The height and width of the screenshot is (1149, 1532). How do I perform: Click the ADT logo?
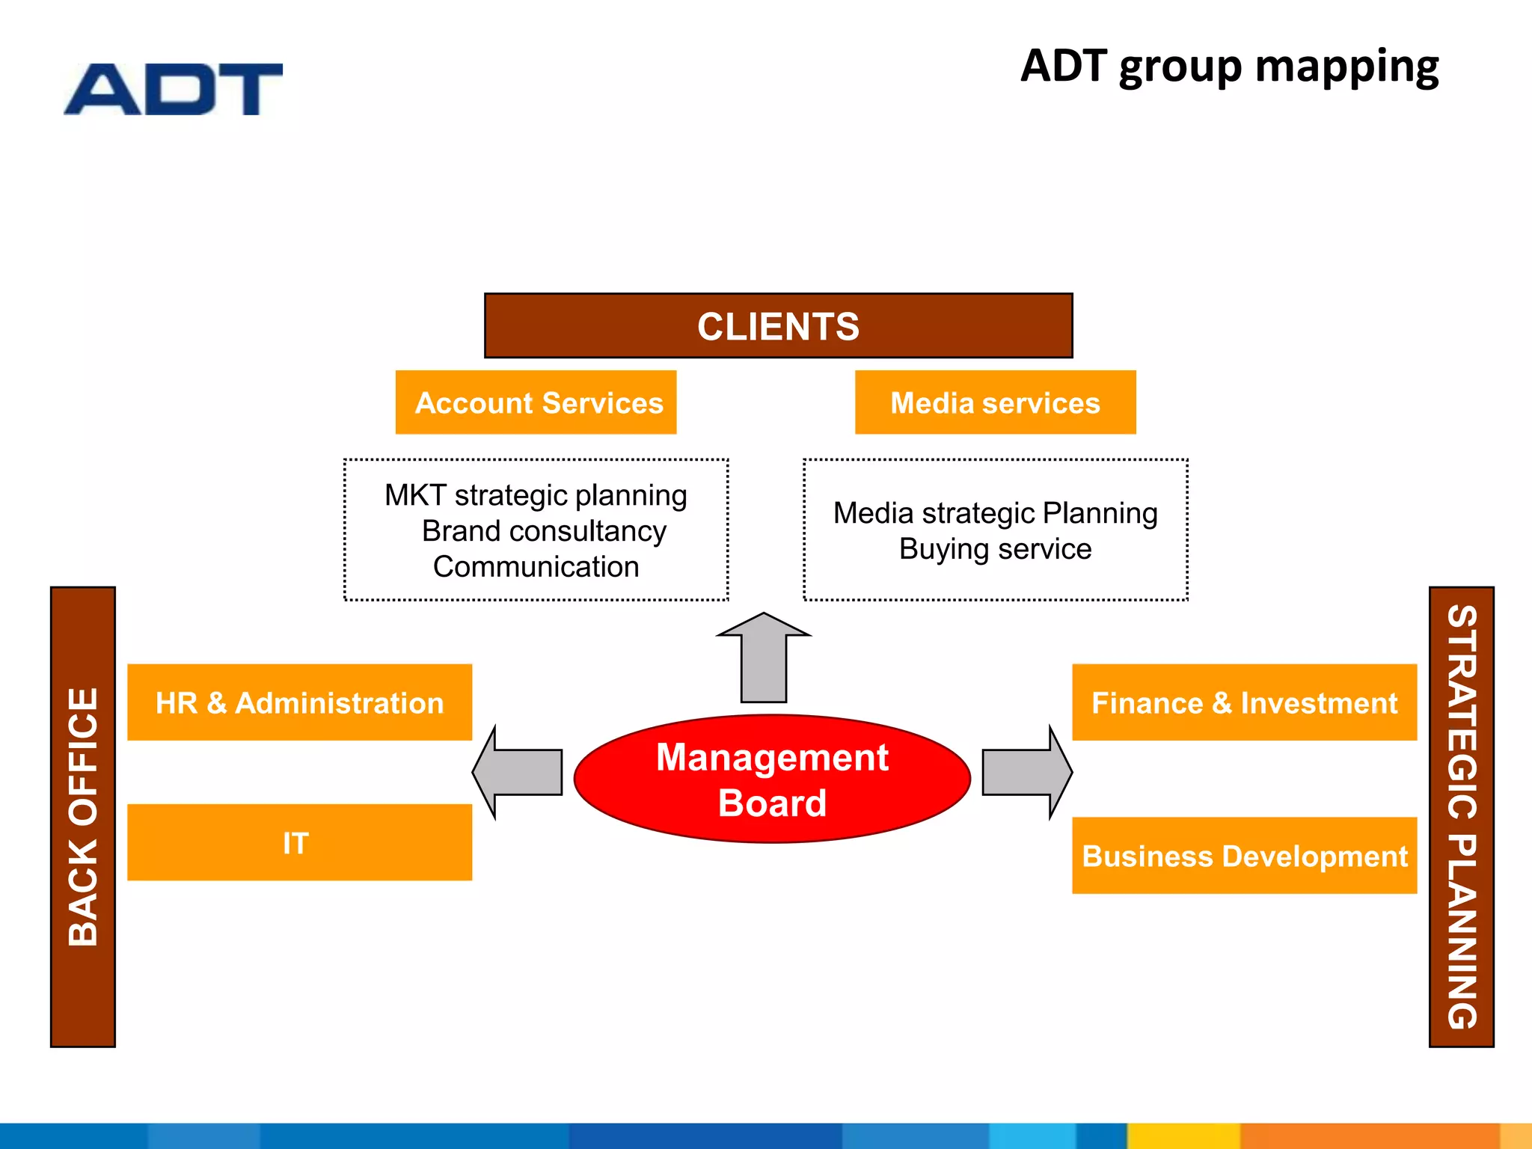[x=174, y=89]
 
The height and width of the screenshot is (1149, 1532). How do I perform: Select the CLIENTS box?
[x=778, y=326]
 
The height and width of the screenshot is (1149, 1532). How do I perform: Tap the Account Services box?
[x=536, y=402]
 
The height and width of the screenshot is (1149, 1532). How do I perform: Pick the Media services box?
[x=995, y=402]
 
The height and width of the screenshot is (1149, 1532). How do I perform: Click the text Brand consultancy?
[x=544, y=531]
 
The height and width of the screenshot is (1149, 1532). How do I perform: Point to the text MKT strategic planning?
[x=536, y=495]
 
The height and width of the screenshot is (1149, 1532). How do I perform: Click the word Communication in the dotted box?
[x=536, y=567]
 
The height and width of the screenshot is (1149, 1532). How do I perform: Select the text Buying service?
[x=995, y=549]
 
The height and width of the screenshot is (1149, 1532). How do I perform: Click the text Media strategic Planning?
[x=995, y=513]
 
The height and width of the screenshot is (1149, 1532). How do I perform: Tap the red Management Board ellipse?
[x=772, y=779]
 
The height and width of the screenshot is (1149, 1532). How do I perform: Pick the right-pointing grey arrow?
[x=1025, y=772]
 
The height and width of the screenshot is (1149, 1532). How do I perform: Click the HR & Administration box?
[x=299, y=702]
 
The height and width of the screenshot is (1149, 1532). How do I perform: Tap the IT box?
[x=299, y=842]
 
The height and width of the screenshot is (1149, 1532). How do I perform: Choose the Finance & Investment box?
[x=1244, y=702]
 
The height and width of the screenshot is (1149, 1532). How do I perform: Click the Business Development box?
[x=1244, y=856]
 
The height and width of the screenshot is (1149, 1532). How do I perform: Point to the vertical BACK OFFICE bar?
[x=83, y=817]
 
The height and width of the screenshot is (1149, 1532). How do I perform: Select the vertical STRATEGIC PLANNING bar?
[x=1461, y=817]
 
